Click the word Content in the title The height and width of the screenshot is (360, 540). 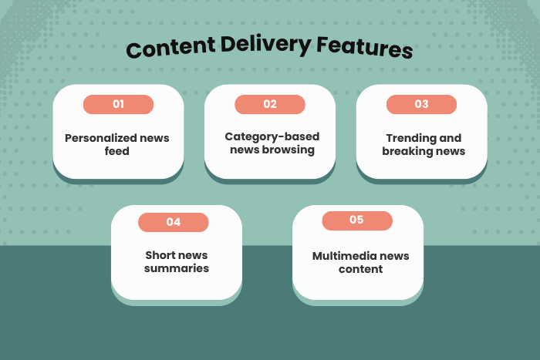pos(168,49)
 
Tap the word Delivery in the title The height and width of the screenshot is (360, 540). pos(265,48)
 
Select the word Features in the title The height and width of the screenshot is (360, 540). pos(363,48)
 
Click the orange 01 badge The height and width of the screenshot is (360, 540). pos(118,104)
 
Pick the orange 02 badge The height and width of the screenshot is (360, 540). pos(270,104)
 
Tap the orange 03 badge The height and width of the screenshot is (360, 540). pos(421,104)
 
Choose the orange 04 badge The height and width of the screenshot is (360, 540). pos(174,222)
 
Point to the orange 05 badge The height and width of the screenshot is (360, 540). pos(356,220)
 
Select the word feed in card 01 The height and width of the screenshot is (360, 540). pos(117,152)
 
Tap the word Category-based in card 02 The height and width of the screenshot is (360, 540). pos(262,137)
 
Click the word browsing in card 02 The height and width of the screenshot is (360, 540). pos(289,150)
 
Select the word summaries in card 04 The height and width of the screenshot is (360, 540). pos(177,269)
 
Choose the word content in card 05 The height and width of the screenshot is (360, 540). pos(360,269)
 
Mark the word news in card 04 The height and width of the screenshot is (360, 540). pos(193,256)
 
